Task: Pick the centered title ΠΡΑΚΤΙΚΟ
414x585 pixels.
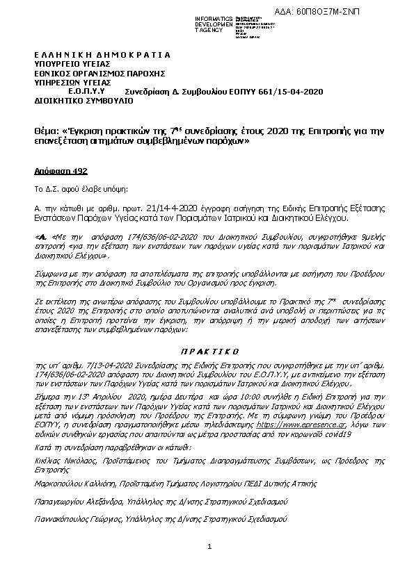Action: click(x=206, y=352)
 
